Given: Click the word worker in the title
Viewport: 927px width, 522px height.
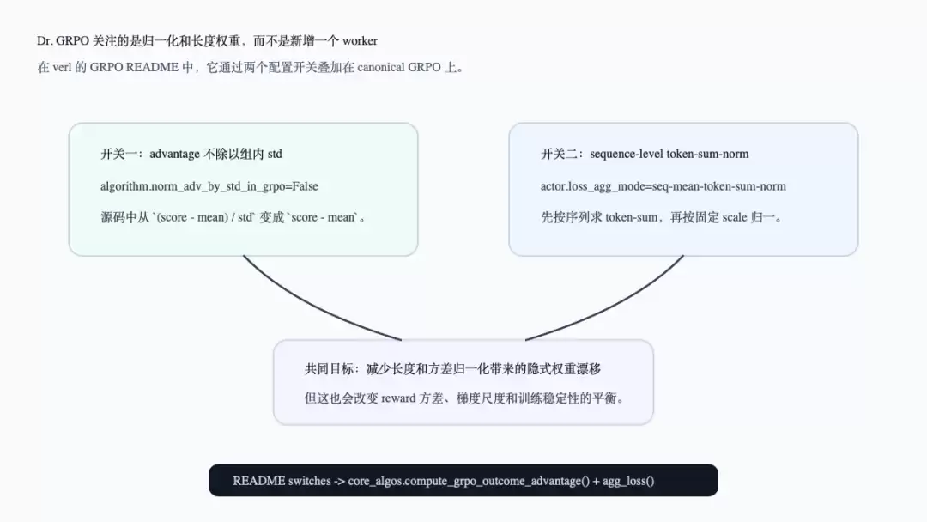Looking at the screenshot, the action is [360, 41].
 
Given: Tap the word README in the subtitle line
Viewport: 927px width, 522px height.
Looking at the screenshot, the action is [152, 67].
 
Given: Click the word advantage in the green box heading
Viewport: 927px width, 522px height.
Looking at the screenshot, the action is [174, 155].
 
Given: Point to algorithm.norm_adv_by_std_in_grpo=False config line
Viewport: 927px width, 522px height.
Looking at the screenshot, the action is [209, 186].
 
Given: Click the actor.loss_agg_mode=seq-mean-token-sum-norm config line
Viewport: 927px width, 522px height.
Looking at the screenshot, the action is [663, 186].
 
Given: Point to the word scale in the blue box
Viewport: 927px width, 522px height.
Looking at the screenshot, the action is [735, 217].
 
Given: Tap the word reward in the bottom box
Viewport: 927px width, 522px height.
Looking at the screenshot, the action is [398, 398].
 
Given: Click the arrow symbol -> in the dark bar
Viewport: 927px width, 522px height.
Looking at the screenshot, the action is [339, 481].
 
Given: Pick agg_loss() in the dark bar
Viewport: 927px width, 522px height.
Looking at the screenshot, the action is [628, 481].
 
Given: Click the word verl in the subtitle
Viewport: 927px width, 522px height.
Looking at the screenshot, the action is [62, 67].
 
